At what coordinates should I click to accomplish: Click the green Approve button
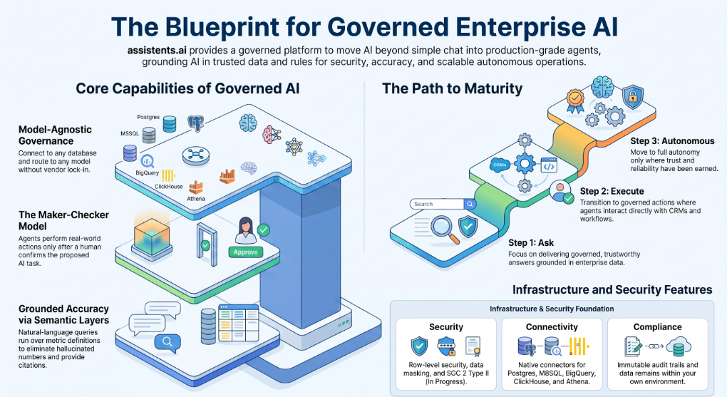[245, 252]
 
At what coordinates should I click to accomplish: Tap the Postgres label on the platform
[148, 117]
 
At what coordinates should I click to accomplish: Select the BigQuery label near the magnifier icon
[148, 172]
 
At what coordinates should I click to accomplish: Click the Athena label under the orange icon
[196, 198]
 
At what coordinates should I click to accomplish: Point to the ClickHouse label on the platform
[169, 187]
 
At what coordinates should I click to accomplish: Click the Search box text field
[437, 204]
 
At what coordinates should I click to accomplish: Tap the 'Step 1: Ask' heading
[531, 242]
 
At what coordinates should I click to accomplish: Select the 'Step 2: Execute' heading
[612, 191]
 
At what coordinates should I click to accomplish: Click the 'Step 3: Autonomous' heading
[672, 141]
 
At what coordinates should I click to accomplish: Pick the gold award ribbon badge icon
[575, 101]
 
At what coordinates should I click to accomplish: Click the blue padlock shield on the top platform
[632, 97]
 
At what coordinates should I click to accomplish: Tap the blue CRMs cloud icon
[500, 165]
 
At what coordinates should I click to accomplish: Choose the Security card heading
[446, 327]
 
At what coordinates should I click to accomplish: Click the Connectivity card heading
[552, 327]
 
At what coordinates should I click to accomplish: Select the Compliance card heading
[657, 327]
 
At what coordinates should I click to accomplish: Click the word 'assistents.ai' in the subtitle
[157, 50]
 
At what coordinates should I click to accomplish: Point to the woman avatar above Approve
[246, 230]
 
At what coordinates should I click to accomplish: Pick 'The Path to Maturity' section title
[452, 88]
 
